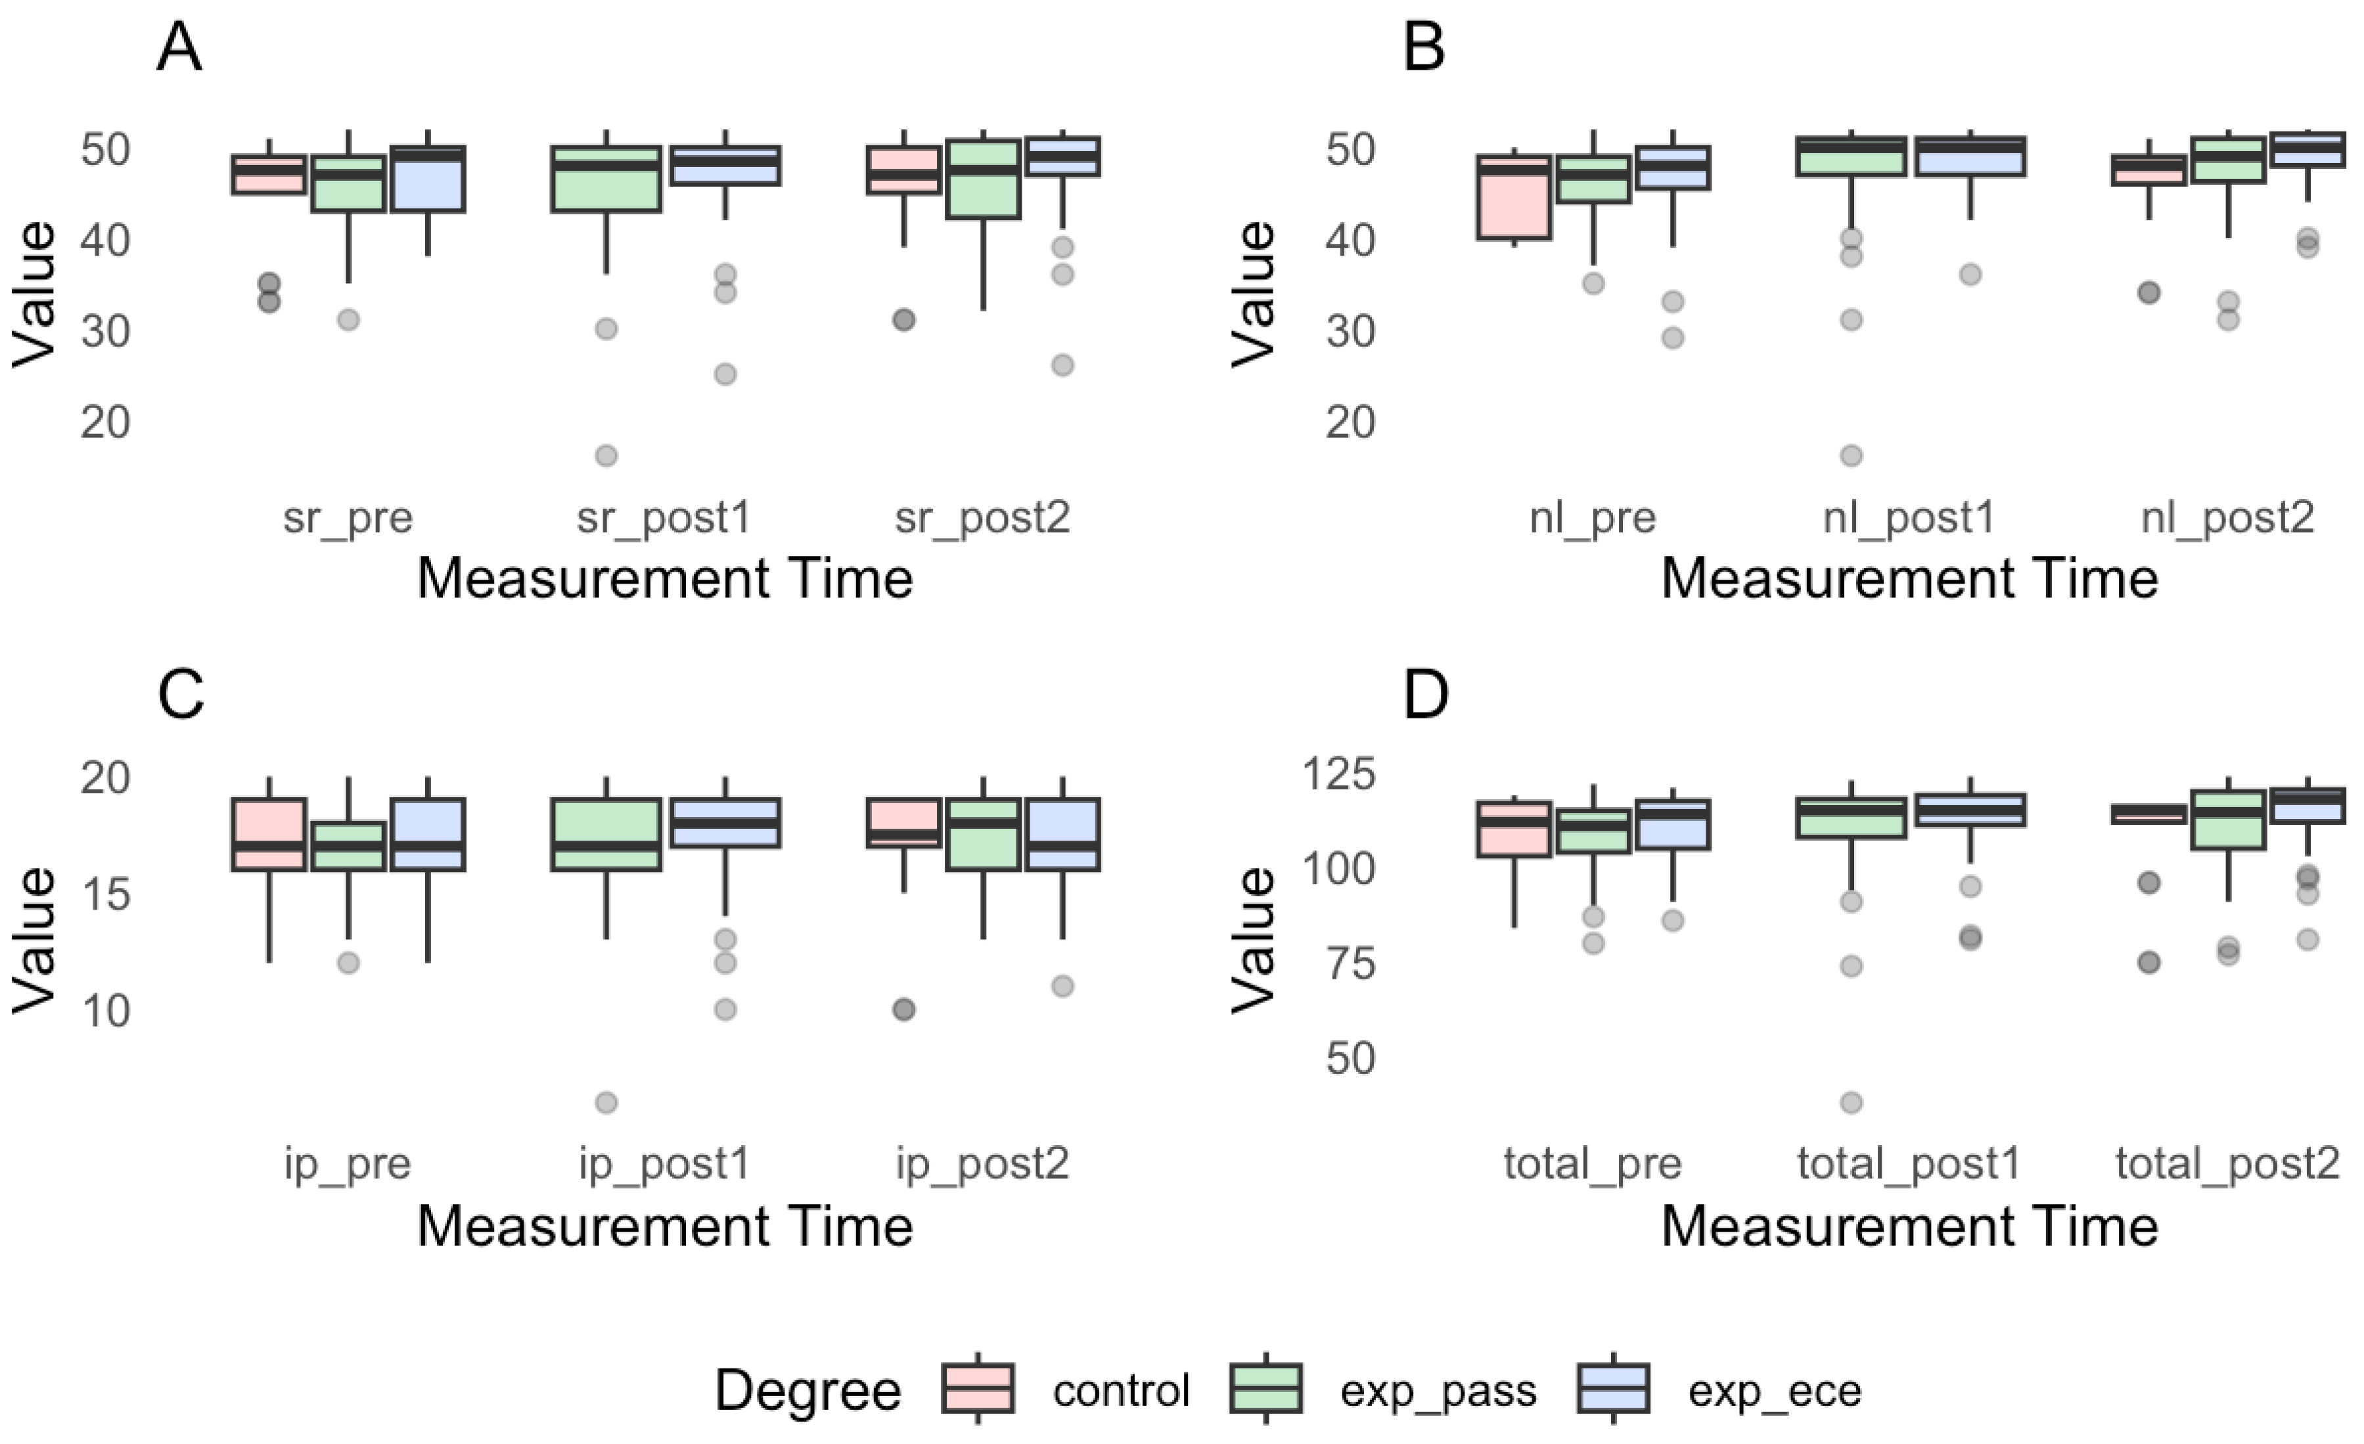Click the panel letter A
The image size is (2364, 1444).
(179, 48)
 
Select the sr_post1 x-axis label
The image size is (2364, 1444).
(663, 518)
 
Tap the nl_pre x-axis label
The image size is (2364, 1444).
(1592, 518)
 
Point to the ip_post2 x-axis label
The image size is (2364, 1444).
(982, 1164)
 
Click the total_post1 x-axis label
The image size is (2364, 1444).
(1908, 1164)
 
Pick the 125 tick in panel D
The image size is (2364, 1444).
(1338, 774)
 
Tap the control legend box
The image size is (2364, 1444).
(978, 1388)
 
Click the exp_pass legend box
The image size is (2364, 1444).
(1265, 1388)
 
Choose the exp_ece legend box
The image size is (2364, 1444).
(1613, 1388)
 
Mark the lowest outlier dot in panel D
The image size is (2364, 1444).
(1851, 1102)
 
